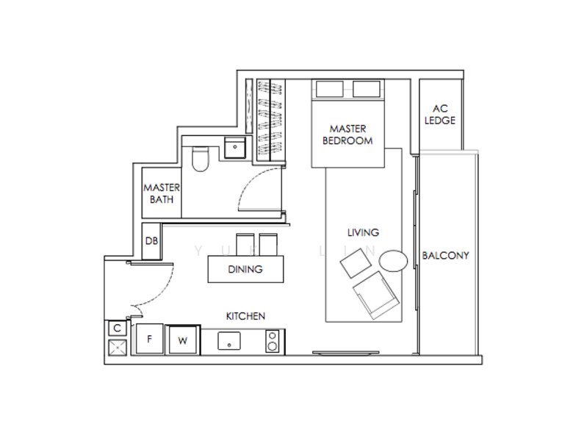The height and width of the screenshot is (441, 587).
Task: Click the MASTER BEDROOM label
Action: pos(347,135)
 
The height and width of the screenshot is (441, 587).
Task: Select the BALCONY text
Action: pos(445,256)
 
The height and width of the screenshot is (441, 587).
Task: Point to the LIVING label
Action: pos(362,232)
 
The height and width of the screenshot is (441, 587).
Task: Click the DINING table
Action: pos(245,269)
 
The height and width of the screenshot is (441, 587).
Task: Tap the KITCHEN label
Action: pos(245,316)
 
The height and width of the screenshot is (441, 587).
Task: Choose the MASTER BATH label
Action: pos(161,193)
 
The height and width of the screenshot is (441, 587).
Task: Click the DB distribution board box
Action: pos(151,242)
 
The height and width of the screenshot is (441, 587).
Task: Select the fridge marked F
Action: pos(150,339)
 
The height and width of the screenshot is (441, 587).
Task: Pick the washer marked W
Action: pos(182,340)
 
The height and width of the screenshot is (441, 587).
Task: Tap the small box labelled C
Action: pos(117,329)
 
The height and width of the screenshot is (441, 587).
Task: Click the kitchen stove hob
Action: pos(273,341)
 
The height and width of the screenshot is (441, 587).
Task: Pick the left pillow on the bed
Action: pos(328,89)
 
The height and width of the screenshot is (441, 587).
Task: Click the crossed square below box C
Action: pos(117,348)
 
